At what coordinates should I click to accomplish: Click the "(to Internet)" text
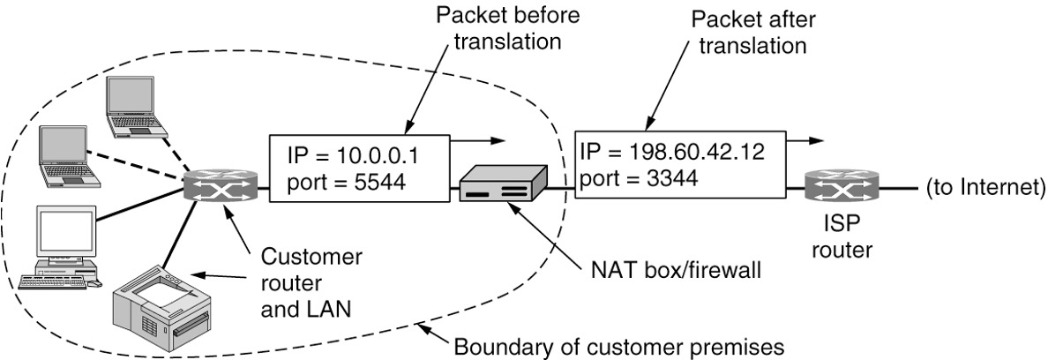[984, 187]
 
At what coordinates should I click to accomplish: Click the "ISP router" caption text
[842, 238]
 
